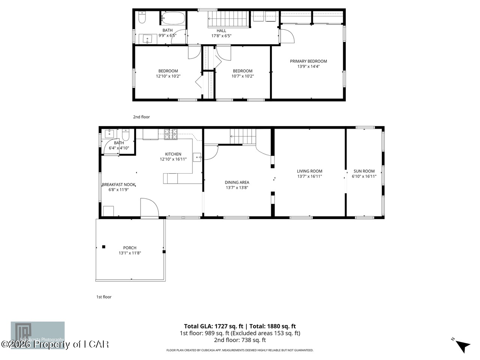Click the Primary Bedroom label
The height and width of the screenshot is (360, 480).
click(308, 61)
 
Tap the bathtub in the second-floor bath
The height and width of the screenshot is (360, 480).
click(173, 18)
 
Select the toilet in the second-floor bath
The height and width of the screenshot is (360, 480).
click(142, 17)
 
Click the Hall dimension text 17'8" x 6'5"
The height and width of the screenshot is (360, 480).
click(221, 36)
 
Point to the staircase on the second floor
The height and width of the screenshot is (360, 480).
click(229, 19)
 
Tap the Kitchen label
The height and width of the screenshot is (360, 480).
click(173, 154)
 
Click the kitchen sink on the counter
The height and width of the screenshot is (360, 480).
click(197, 157)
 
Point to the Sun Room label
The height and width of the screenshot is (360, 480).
click(364, 171)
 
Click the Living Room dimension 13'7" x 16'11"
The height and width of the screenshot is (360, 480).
click(309, 176)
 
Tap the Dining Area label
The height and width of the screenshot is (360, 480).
click(237, 183)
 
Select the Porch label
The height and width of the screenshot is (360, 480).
click(130, 247)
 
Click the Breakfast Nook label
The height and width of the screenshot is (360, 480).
click(118, 184)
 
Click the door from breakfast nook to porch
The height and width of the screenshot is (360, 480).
click(149, 208)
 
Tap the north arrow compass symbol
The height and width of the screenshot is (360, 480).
click(462, 345)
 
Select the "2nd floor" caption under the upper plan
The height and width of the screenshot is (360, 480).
click(141, 117)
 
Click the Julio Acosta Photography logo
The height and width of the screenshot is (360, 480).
click(37, 335)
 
